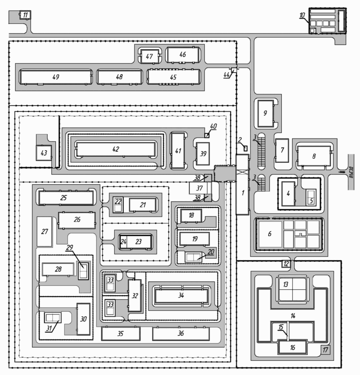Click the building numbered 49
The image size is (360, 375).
tap(56, 77)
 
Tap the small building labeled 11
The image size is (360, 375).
tap(25, 15)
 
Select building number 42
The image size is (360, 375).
tap(116, 149)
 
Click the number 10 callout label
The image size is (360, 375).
tap(302, 15)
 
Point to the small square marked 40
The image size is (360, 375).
tap(207, 136)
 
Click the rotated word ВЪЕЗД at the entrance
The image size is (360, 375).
tap(351, 172)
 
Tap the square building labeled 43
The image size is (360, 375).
tap(44, 153)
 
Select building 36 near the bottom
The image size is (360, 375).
tap(181, 334)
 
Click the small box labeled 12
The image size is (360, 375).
tap(286, 264)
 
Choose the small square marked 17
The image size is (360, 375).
tap(325, 350)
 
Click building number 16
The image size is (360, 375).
tap(293, 347)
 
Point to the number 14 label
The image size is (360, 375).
tap(293, 316)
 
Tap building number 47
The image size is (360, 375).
tap(150, 57)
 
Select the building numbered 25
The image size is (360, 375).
tap(66, 198)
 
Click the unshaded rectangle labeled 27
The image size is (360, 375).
tap(44, 232)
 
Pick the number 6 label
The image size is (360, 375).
tap(270, 234)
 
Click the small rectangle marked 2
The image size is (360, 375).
tap(245, 148)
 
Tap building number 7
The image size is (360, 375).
tap(282, 151)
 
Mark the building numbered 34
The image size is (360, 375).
tap(181, 296)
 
